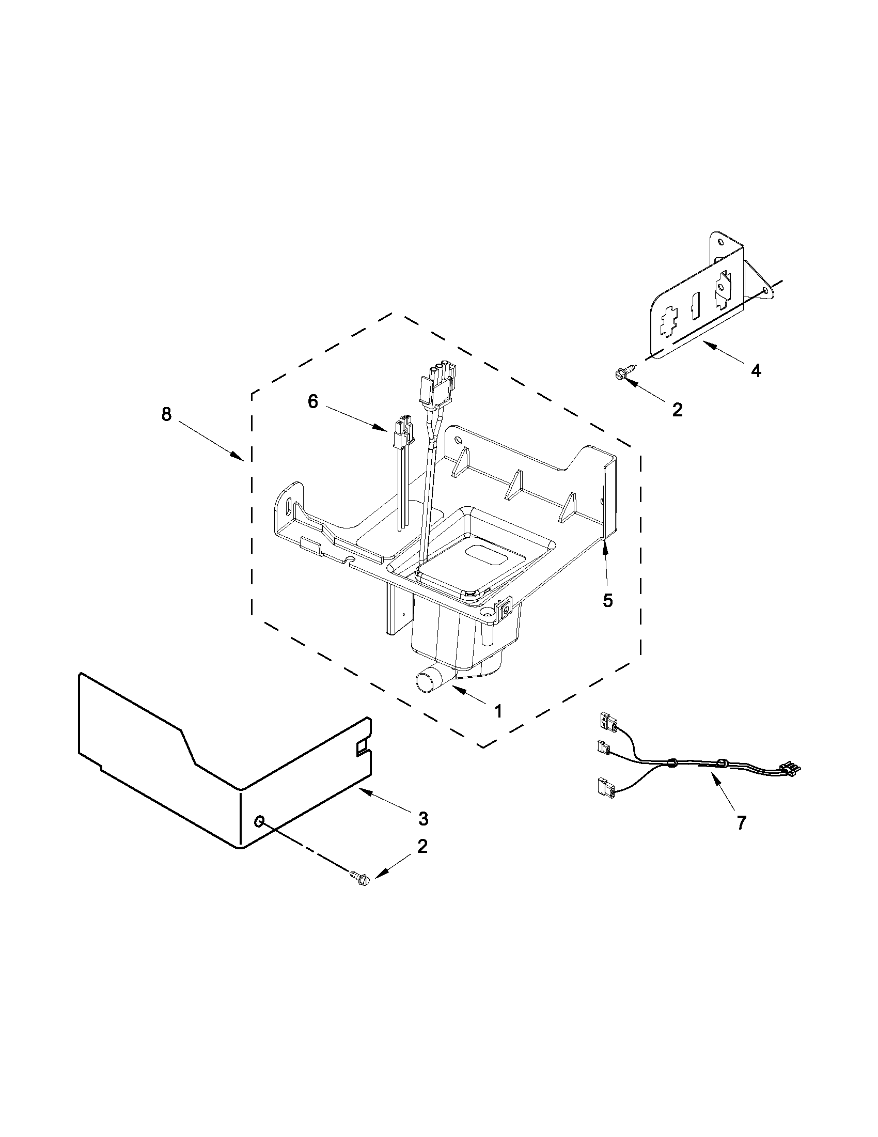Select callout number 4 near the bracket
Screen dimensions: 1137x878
tap(756, 371)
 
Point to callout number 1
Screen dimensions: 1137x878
tap(498, 711)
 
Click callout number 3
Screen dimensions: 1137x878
tap(423, 818)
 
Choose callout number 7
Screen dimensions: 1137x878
tap(741, 822)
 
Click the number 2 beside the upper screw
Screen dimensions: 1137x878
tap(677, 410)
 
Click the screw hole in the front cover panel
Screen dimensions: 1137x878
tap(259, 821)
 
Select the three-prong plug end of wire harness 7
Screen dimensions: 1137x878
tap(789, 767)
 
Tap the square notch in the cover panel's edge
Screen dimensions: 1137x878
tap(360, 749)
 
